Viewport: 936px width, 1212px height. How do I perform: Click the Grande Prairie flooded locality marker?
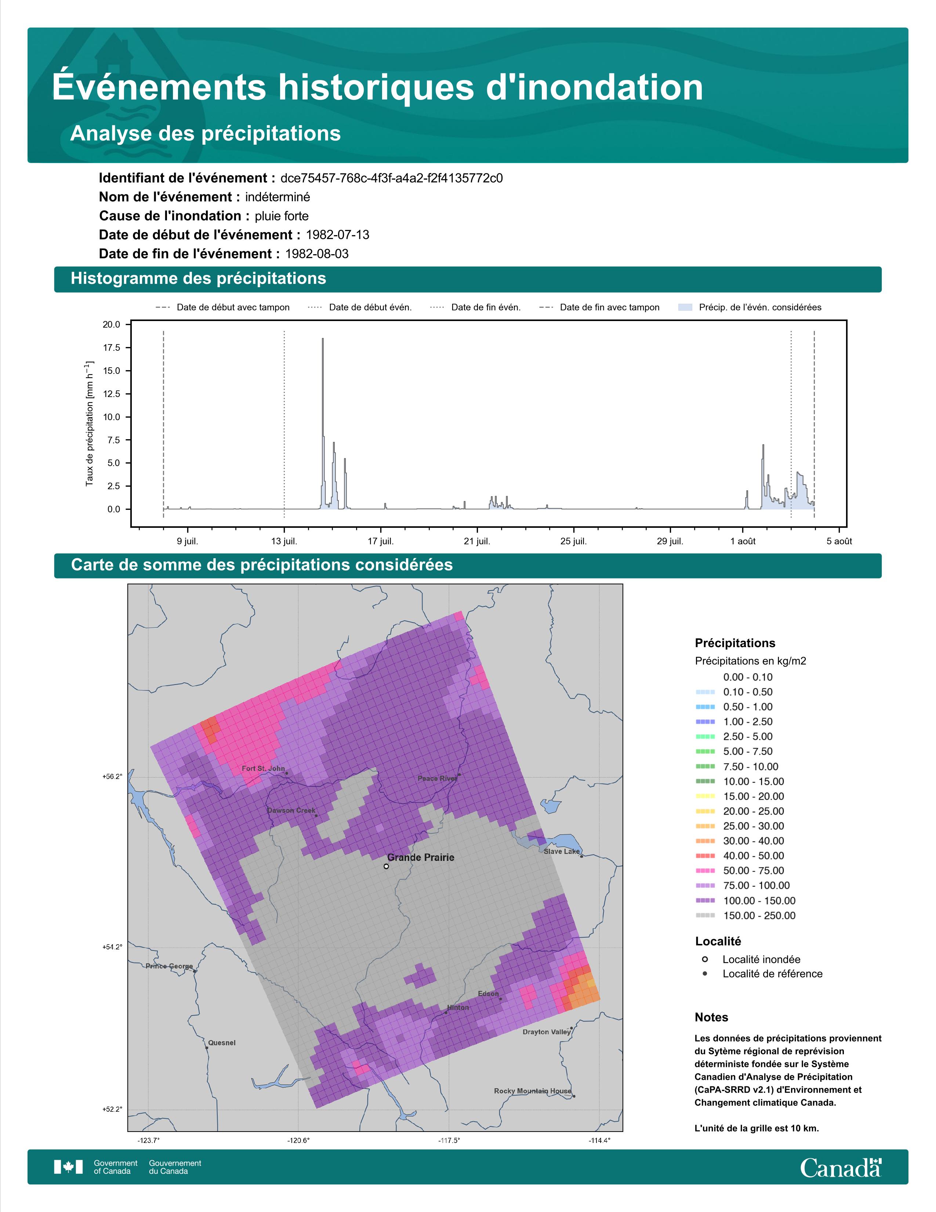[386, 866]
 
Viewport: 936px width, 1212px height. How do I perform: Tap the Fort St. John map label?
[264, 769]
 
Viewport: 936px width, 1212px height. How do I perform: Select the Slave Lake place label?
[561, 851]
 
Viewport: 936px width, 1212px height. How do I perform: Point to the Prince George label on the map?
[169, 966]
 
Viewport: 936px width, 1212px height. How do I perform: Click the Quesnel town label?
[222, 1043]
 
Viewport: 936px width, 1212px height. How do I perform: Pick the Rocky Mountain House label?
[532, 1091]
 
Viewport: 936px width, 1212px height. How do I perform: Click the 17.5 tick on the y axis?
[111, 347]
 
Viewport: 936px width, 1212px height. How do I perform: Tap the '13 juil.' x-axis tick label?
[284, 541]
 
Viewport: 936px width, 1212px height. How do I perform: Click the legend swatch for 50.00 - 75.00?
[705, 871]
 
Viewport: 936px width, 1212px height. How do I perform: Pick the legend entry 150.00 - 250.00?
[745, 916]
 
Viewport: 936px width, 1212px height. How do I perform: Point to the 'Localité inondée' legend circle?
[705, 959]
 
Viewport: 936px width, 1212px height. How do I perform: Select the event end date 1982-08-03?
[317, 254]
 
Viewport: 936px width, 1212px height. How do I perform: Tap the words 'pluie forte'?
[282, 216]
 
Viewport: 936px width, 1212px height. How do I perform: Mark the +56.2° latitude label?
[112, 776]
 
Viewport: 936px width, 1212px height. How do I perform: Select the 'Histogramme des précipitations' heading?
[199, 279]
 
